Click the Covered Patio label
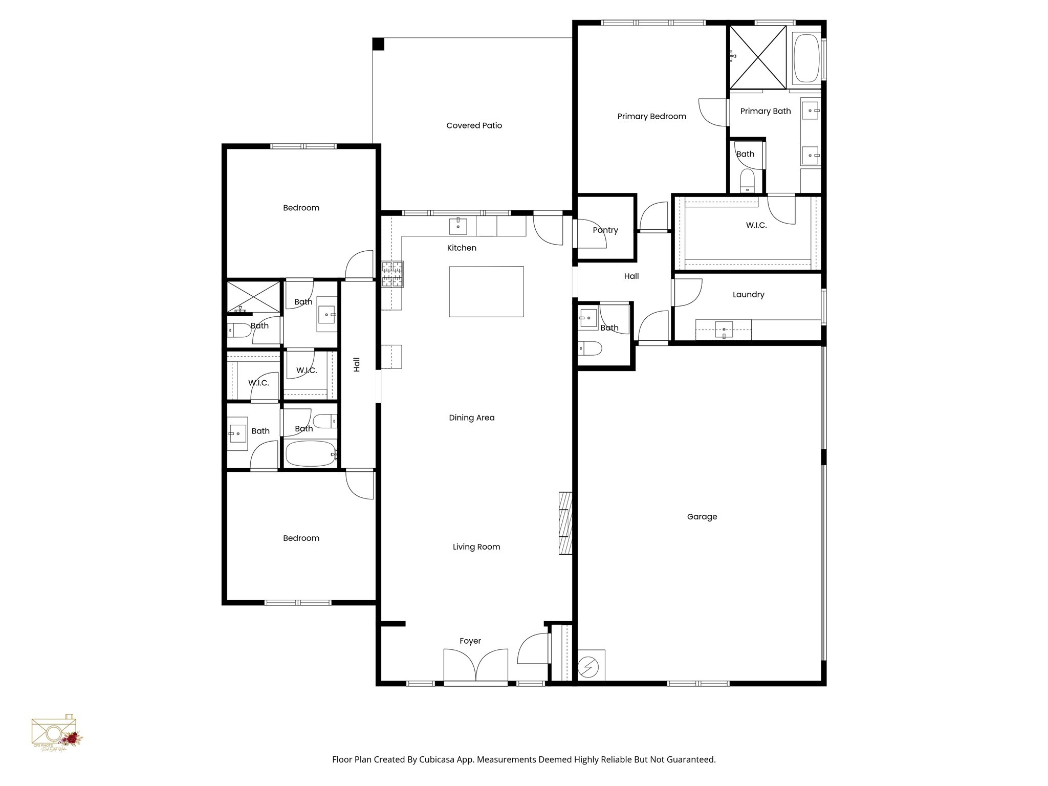click(x=474, y=125)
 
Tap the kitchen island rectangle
click(x=486, y=291)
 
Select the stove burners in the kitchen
click(x=392, y=274)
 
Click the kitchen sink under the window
click(x=457, y=226)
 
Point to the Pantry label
click(x=605, y=230)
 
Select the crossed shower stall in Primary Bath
click(x=757, y=57)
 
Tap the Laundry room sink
click(x=724, y=329)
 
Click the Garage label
click(x=702, y=517)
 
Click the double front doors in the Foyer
click(x=475, y=665)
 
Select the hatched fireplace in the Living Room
click(x=565, y=523)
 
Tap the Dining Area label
click(x=471, y=418)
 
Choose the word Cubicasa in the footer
click(x=438, y=759)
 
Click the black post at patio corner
click(x=378, y=44)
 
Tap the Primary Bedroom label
click(x=651, y=116)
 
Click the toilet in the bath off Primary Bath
click(x=747, y=181)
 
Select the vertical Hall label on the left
click(x=357, y=364)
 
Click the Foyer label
click(x=470, y=641)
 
